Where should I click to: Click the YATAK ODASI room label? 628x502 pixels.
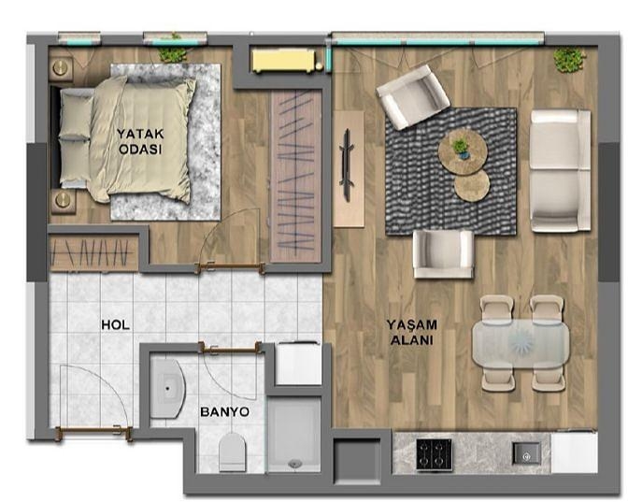(140, 141)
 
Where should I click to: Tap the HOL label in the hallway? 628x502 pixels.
(115, 324)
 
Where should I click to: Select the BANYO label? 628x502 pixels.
(224, 412)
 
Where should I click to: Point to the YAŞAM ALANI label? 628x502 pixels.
(412, 332)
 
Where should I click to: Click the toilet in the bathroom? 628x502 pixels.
(232, 452)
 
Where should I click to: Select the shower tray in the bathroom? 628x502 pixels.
(294, 435)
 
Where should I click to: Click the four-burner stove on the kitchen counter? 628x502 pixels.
(435, 454)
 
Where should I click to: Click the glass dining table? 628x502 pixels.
(521, 344)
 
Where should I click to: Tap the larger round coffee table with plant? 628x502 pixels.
(463, 151)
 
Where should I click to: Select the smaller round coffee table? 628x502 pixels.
(472, 186)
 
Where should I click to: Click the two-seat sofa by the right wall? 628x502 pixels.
(560, 171)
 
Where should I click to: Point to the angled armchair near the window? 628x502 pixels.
(412, 97)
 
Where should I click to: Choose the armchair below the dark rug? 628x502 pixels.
(443, 254)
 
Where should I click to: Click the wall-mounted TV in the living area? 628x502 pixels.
(347, 165)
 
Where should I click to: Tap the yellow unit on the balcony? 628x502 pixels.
(283, 61)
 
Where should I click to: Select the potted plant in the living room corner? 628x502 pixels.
(569, 59)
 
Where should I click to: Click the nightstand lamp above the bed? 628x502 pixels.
(61, 67)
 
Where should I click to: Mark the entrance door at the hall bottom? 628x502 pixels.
(94, 432)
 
